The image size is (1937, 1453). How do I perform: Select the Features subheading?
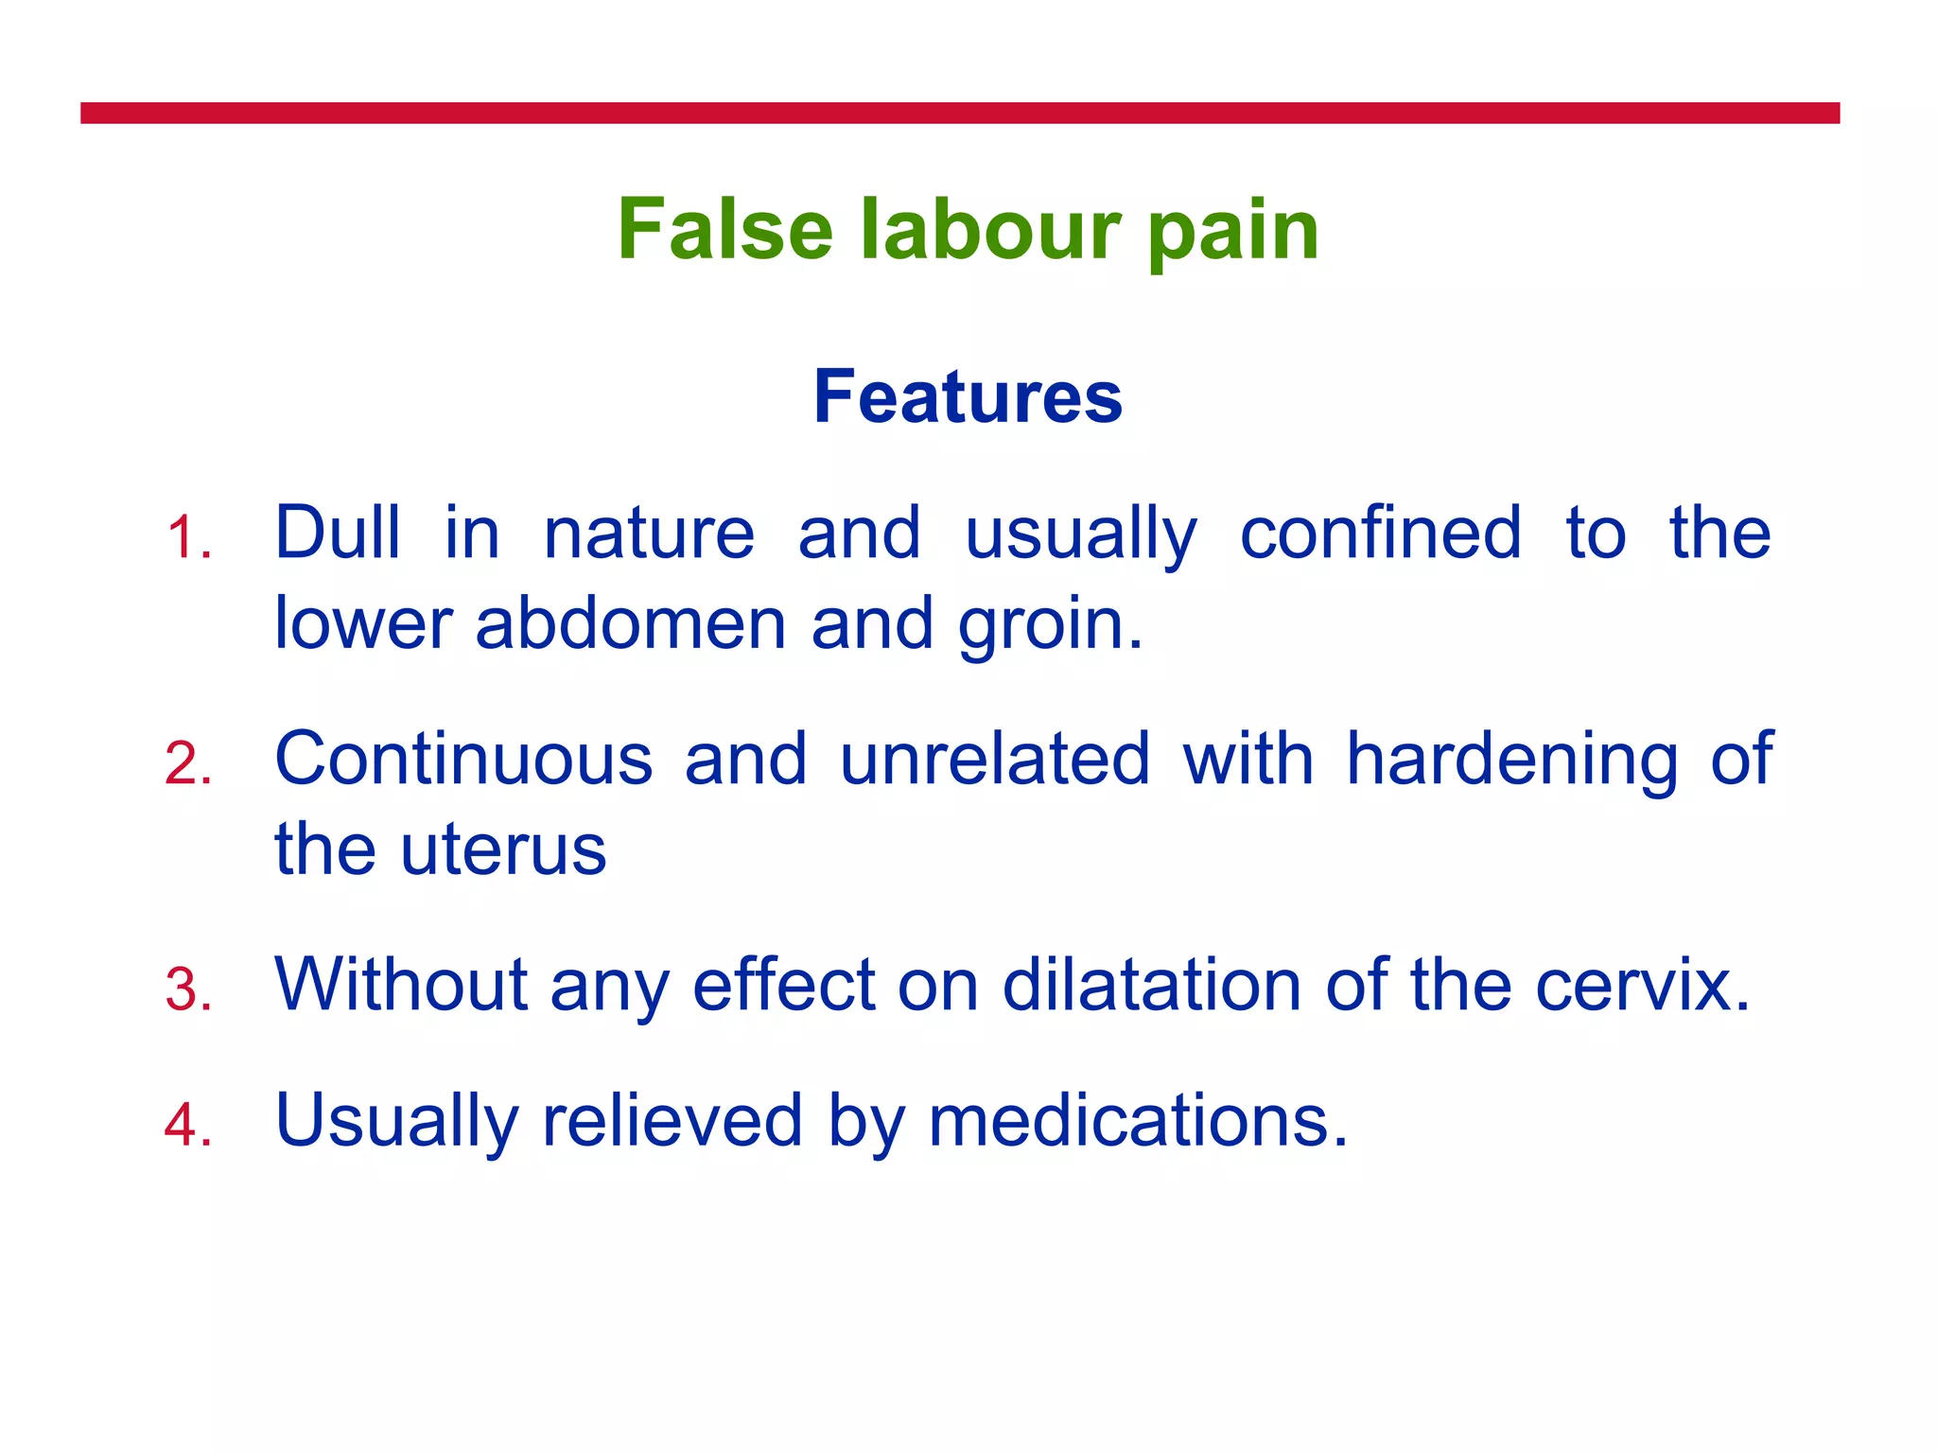(968, 397)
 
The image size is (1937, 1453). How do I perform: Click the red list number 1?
(187, 538)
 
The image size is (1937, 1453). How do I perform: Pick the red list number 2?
(187, 763)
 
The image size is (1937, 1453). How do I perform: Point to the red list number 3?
(187, 989)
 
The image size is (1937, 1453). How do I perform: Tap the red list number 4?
(187, 1125)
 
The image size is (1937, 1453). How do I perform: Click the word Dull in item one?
(338, 533)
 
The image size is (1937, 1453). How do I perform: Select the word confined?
(1380, 533)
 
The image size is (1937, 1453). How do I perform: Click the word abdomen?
(631, 623)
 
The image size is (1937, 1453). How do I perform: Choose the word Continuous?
(463, 759)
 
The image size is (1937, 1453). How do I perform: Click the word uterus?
(503, 849)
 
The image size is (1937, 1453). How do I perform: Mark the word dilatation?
(1151, 985)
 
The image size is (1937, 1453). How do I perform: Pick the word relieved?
(672, 1120)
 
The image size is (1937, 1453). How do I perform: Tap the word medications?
(1138, 1120)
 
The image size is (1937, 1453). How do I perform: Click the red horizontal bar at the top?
(960, 114)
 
